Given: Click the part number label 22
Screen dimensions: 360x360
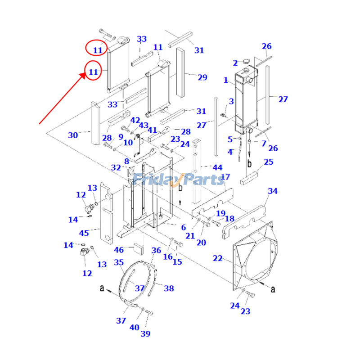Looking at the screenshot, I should tap(217, 258).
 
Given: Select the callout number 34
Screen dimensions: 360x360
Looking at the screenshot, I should tap(273, 191).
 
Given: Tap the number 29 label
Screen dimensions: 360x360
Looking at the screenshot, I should tap(202, 77).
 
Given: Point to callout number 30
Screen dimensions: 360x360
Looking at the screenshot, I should tap(73, 135).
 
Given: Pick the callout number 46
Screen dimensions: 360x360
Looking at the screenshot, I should tap(119, 250).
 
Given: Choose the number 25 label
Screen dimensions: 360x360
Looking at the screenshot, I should tap(269, 162).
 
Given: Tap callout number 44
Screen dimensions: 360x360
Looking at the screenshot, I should tap(217, 167).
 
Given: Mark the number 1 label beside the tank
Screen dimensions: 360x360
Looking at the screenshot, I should tap(226, 80).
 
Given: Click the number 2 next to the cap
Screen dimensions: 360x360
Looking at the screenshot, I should tap(235, 63).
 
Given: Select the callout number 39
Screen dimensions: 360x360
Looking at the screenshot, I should tap(145, 333).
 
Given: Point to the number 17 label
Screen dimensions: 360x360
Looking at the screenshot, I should tap(225, 177).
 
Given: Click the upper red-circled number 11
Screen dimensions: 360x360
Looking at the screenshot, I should tap(97, 50).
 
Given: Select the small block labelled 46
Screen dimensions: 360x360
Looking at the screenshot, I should tap(137, 248).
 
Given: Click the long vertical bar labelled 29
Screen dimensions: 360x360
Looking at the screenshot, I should tap(180, 72).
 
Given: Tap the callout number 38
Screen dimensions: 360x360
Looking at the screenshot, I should tap(169, 288).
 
